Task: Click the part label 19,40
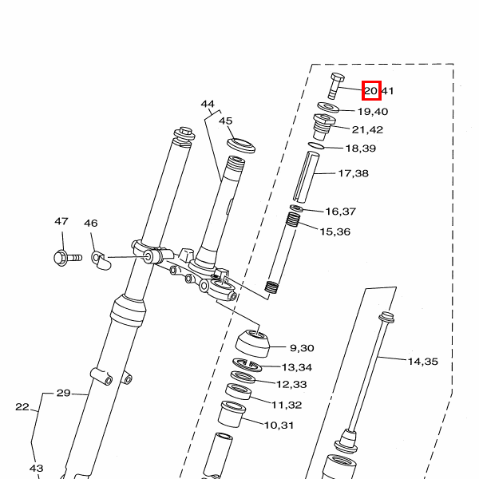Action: [x=372, y=112]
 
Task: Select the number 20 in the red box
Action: [x=371, y=91]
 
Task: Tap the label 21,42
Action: [x=367, y=130]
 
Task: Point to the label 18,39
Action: [x=360, y=149]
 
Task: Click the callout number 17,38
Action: [x=353, y=173]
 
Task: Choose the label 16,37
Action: [x=340, y=212]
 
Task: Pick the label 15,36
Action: [x=335, y=232]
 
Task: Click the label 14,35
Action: [x=423, y=362]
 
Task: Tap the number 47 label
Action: [x=61, y=222]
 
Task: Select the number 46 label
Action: [x=90, y=224]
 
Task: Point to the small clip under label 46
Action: [x=98, y=259]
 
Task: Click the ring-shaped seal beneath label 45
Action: [x=240, y=145]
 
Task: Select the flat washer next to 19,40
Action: [x=327, y=106]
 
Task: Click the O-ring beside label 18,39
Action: [x=316, y=145]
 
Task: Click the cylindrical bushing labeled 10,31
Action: [x=231, y=414]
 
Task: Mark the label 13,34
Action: [x=297, y=367]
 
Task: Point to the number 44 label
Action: [x=208, y=105]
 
